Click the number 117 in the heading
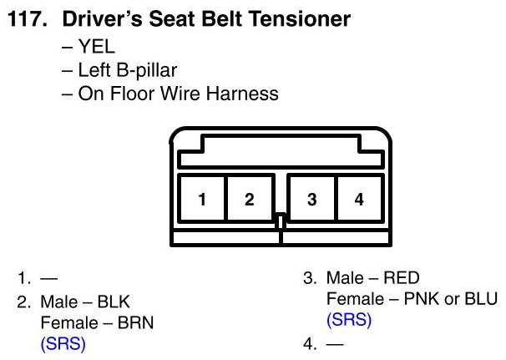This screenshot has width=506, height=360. (26, 18)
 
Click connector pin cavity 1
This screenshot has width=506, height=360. (202, 200)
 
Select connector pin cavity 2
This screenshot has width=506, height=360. (249, 200)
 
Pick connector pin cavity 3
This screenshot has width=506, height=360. (311, 200)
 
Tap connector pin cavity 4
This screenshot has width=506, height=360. (359, 200)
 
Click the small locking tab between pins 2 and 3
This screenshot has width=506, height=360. (281, 221)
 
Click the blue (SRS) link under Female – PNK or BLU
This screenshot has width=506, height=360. (349, 320)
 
